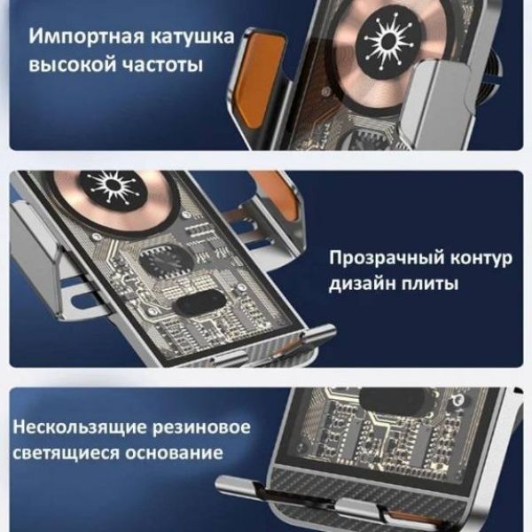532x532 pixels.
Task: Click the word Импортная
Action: pyautogui.click(x=86, y=36)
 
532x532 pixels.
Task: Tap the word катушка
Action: pyautogui.click(x=192, y=36)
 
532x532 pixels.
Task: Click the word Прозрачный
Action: pyautogui.click(x=387, y=258)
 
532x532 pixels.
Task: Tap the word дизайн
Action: pyautogui.click(x=362, y=284)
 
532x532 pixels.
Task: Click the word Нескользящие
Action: pyautogui.click(x=80, y=427)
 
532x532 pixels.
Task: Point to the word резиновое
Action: pyautogui.click(x=201, y=427)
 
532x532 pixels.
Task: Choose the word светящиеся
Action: pyautogui.click(x=66, y=453)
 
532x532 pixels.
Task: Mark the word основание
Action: pyautogui.click(x=174, y=453)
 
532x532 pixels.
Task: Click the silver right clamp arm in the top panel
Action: pyautogui.click(x=438, y=102)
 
